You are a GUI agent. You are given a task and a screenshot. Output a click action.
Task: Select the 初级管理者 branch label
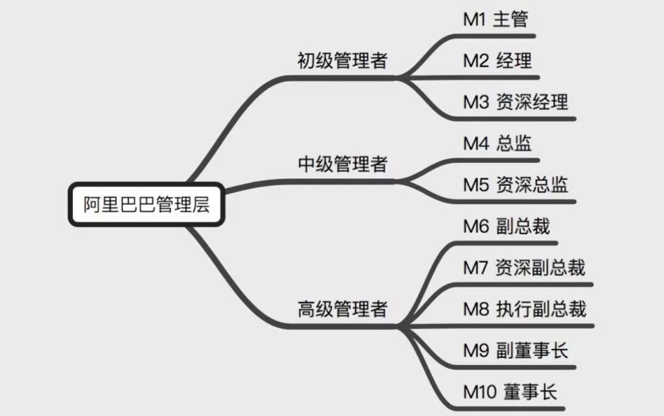coord(342,61)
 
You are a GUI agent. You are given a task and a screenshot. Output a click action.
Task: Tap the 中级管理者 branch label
coord(342,164)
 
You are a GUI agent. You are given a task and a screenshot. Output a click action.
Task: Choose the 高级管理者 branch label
coord(342,308)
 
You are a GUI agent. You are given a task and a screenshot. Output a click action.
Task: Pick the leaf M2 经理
coord(497,61)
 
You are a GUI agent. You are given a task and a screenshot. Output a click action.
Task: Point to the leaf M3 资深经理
coord(515,102)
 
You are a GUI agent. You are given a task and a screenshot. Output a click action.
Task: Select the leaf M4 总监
coord(497,143)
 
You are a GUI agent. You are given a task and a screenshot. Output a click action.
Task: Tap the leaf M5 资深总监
coord(515,185)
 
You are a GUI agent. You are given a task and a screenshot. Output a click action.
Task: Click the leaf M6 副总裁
coord(506,226)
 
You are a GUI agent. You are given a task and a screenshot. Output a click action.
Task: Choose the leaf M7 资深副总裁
coord(524,267)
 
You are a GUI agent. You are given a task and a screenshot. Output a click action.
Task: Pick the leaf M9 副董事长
coord(515,351)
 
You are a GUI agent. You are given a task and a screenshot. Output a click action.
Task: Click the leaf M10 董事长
coord(510,392)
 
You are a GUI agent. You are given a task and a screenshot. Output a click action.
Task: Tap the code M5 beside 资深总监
coord(475,185)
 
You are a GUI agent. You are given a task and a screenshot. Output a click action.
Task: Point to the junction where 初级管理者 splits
coord(401,78)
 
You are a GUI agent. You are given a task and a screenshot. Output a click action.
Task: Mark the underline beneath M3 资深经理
coord(515,119)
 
